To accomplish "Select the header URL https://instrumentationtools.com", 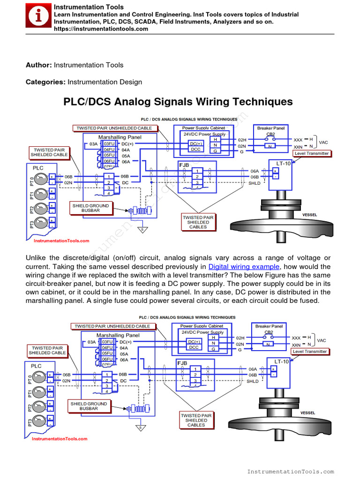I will (x=101, y=29).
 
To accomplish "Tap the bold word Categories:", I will (x=45, y=82).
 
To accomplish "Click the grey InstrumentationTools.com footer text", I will (x=290, y=471).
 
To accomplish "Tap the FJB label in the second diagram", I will (x=182, y=363).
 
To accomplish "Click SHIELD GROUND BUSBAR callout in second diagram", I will (x=89, y=406).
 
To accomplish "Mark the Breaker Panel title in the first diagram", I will (x=271, y=128).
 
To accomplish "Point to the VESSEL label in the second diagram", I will (x=307, y=413).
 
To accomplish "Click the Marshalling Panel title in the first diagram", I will (x=120, y=137).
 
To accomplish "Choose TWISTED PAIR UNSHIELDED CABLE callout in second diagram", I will (x=112, y=326).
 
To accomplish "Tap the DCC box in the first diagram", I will (x=195, y=149).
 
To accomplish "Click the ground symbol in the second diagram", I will (x=139, y=427).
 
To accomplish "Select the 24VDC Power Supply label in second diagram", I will (x=202, y=332).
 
